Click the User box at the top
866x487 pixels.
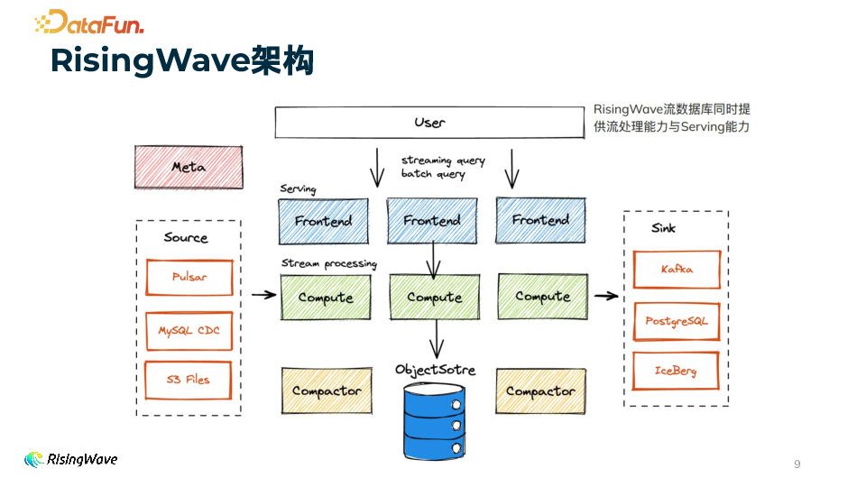coord(429,122)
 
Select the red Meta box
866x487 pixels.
coord(189,167)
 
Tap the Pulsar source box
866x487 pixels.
coord(189,277)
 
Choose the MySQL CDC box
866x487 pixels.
coord(189,331)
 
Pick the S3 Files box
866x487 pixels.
coord(189,380)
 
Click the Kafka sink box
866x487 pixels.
coord(677,269)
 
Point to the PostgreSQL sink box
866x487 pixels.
coord(677,321)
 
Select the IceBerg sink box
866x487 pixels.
coord(677,371)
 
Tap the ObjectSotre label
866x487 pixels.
coord(436,370)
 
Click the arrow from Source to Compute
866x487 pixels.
coord(263,294)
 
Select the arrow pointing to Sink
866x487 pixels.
coord(606,295)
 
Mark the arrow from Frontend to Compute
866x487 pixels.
coord(434,261)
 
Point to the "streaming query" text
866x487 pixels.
coord(443,161)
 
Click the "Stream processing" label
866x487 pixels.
coord(328,263)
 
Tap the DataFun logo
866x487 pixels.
coord(89,22)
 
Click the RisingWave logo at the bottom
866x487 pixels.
coord(71,460)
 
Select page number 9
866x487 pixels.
coord(797,464)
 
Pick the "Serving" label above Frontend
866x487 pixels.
coord(298,188)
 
